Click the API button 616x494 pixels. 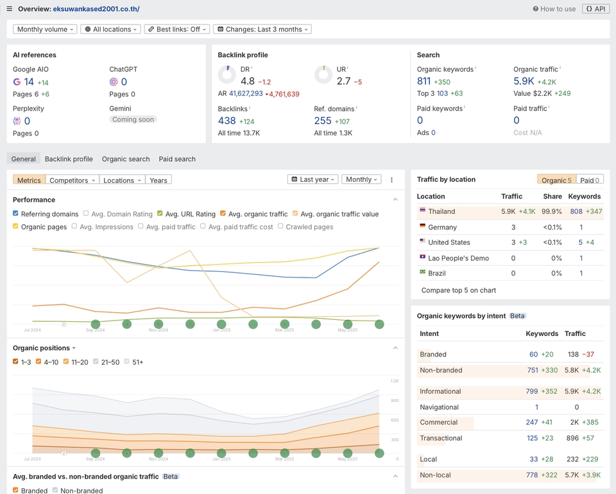click(596, 9)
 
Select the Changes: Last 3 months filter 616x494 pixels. click(262, 30)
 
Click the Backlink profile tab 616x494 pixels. click(69, 159)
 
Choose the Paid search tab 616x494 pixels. click(177, 159)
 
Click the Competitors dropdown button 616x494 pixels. click(73, 181)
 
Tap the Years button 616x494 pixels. click(158, 181)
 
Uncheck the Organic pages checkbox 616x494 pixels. click(16, 227)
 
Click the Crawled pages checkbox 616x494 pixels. click(281, 227)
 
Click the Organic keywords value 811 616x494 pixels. click(424, 82)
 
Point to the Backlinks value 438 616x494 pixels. click(227, 121)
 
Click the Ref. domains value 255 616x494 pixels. click(323, 121)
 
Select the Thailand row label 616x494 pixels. click(441, 211)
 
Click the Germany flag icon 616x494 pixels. click(422, 227)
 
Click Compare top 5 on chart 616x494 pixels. click(458, 290)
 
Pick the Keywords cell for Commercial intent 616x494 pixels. click(531, 423)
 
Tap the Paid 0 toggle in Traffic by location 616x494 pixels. click(589, 181)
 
